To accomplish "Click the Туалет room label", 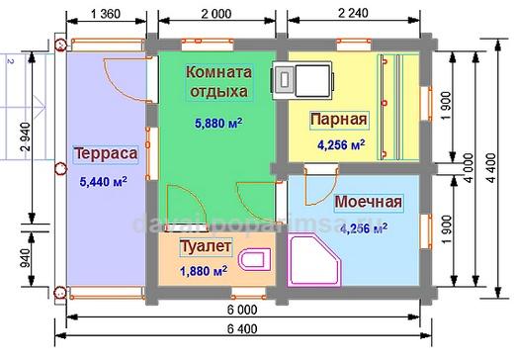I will point(206,245).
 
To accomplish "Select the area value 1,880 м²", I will point(206,270).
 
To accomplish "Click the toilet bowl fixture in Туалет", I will point(257,260).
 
